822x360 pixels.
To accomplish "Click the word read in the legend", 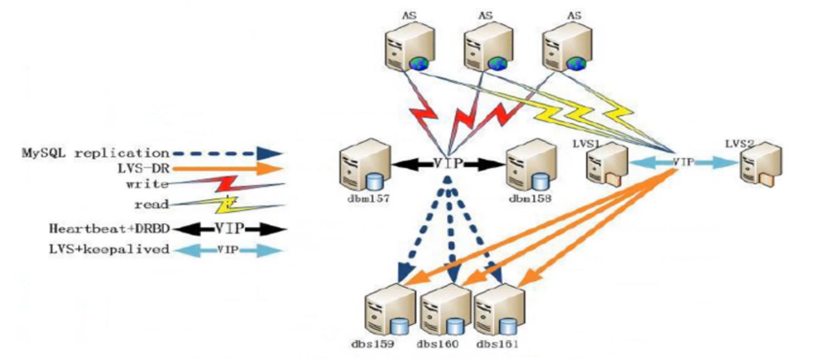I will [x=156, y=204].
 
